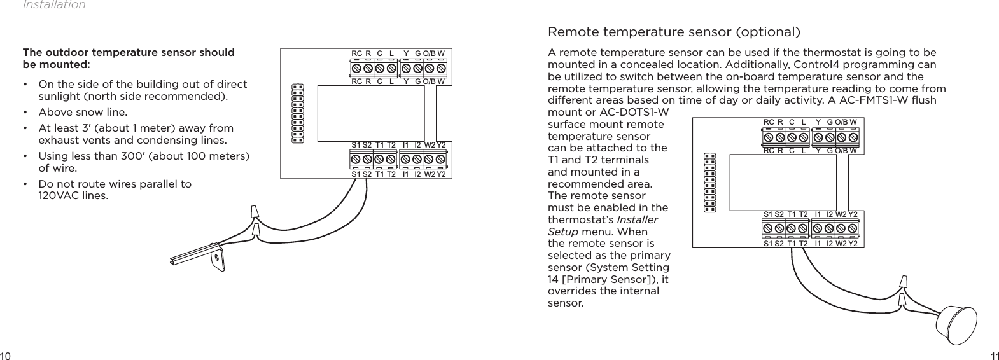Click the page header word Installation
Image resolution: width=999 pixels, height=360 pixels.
[x=54, y=5]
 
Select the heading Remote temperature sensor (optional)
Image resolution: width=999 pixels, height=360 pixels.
[x=674, y=32]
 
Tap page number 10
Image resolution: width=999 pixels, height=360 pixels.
[x=6, y=354]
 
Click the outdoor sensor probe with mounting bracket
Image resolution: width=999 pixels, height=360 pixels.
[x=197, y=255]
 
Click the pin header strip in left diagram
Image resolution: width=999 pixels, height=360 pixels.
[x=297, y=114]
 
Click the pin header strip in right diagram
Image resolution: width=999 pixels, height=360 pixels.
[x=709, y=182]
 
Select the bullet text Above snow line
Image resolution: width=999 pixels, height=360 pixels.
[x=74, y=112]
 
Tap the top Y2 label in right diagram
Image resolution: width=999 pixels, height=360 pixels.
[x=853, y=214]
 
